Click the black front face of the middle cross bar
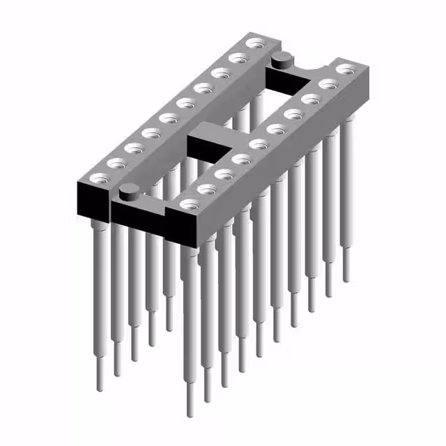pos(202,148)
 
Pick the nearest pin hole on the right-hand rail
pos(189,204)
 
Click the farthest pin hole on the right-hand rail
pos(346,69)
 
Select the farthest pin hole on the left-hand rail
pos(254,43)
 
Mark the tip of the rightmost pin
pos(346,279)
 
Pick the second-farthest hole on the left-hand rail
pos(238,58)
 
